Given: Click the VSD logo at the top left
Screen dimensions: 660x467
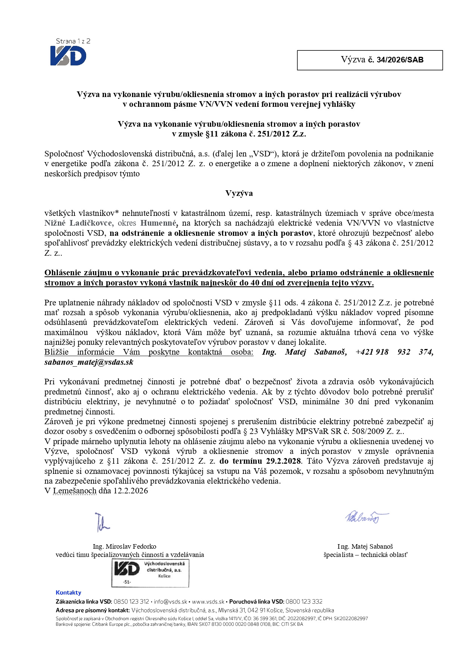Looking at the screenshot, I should tap(68, 56).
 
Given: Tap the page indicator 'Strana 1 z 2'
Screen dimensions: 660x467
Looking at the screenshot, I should tap(73, 41).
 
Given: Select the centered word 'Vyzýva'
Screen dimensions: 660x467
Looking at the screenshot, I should tap(239, 193).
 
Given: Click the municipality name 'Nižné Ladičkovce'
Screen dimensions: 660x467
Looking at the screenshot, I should tap(78, 223).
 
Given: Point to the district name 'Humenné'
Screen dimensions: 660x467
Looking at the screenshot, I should tap(158, 223).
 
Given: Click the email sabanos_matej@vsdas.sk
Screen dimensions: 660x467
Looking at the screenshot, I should tap(89, 362).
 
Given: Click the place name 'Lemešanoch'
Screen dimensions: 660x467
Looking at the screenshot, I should tap(75, 491).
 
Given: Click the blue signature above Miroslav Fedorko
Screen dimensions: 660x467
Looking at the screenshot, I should tap(102, 522).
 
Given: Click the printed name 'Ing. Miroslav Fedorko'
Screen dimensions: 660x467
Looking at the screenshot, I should tap(125, 546).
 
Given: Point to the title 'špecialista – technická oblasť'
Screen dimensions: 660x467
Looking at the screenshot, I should tap(365, 555).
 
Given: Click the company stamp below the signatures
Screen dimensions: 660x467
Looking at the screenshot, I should tap(150, 573).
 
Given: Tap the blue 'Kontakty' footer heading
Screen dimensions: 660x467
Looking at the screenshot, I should tap(68, 593).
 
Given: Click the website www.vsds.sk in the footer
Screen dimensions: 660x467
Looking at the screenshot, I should tap(208, 602).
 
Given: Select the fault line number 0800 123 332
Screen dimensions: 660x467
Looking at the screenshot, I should tap(304, 602).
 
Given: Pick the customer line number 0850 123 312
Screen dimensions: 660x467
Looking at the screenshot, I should tap(131, 602).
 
